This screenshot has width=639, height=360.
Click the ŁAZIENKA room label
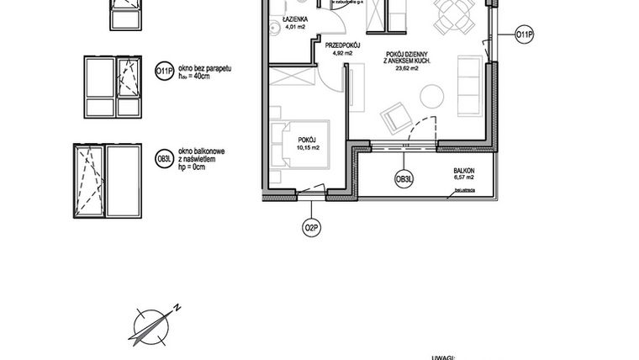pos(295,19)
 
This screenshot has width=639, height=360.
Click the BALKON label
pos(459,170)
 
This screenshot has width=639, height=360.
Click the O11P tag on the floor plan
pos(524,34)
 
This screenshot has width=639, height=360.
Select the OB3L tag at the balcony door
pos(405,178)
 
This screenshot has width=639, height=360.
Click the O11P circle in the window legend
pos(166,73)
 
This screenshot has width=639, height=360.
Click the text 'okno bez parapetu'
pos(203,66)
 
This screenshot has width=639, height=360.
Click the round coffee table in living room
pos(431,98)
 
